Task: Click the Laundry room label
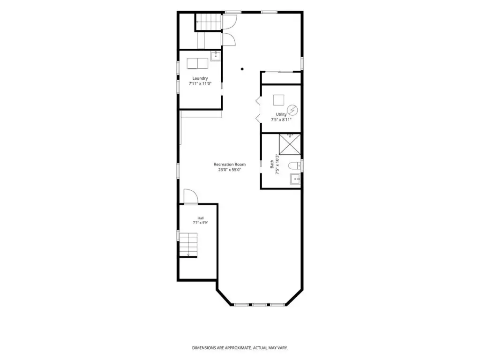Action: (x=200, y=78)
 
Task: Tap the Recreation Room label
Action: (x=230, y=165)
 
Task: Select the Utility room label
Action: (x=281, y=114)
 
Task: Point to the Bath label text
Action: (x=272, y=165)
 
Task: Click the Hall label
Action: (x=201, y=218)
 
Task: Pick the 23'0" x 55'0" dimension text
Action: (x=230, y=170)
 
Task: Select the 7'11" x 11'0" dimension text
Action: (x=200, y=83)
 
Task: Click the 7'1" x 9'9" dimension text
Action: (x=201, y=223)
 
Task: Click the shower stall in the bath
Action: (x=290, y=144)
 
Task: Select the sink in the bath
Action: (x=295, y=179)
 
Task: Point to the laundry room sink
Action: (x=216, y=56)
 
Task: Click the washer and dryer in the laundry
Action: (x=197, y=63)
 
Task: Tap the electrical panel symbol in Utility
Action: (x=292, y=109)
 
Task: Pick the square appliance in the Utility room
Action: (x=278, y=100)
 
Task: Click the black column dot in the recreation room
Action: (x=242, y=69)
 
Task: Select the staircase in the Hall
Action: (x=188, y=245)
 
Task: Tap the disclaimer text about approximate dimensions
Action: (x=240, y=348)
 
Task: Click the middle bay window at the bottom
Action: (x=259, y=305)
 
